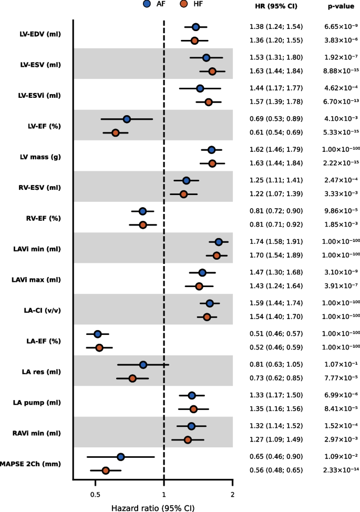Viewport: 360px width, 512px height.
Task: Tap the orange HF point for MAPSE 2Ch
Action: [106, 470]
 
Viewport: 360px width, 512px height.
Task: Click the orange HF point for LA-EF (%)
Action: [99, 347]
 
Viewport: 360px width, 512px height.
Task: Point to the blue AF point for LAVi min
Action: [219, 242]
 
